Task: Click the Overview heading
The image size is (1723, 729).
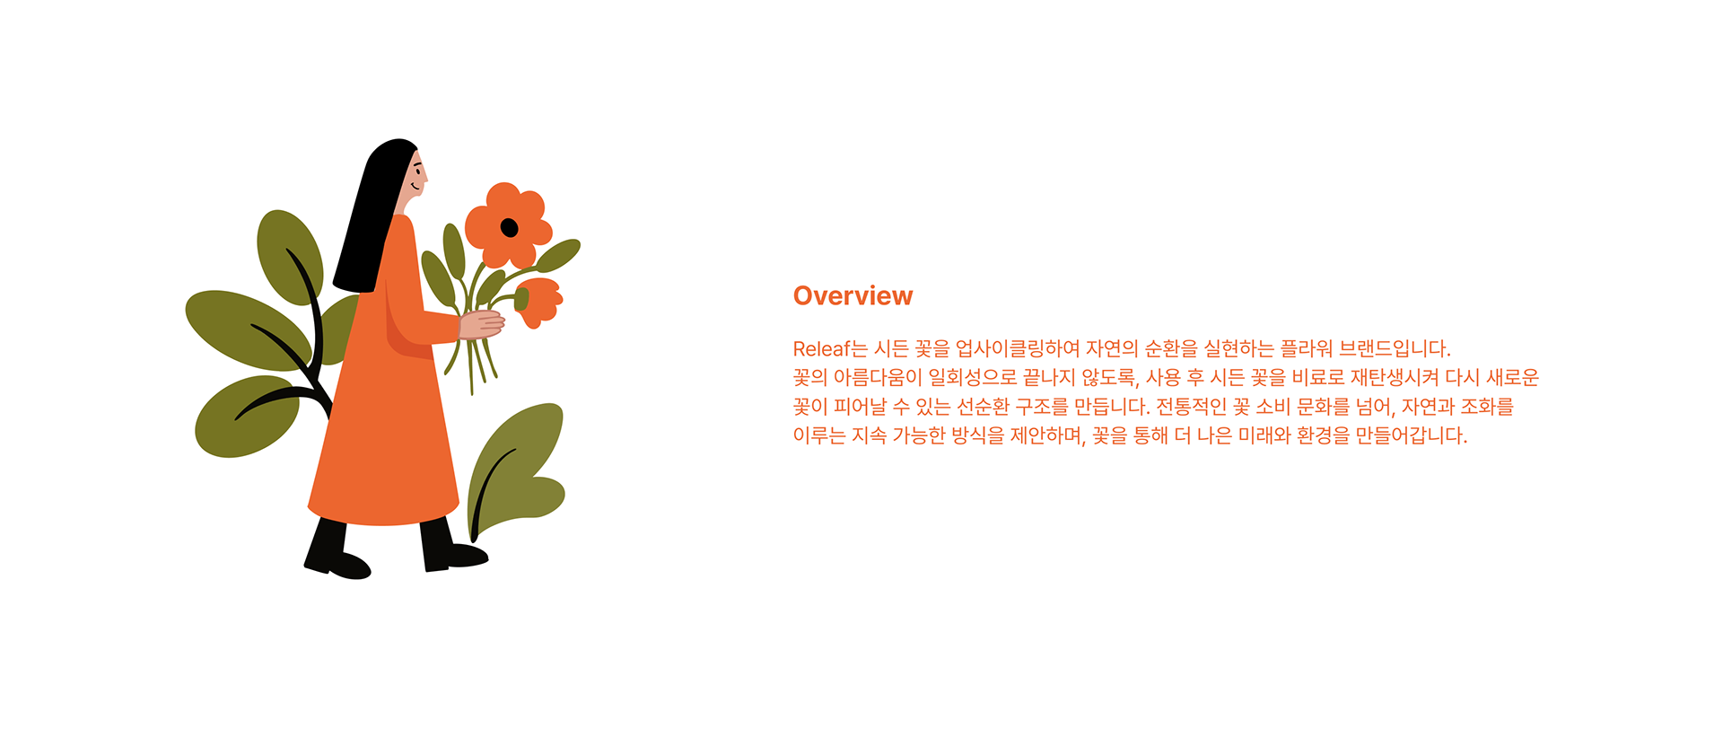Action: click(853, 296)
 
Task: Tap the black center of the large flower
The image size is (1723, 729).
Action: click(509, 228)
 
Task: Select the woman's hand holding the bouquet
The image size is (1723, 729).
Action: click(482, 324)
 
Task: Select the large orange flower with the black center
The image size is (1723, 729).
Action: click(508, 225)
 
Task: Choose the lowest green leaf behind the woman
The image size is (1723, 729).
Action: click(247, 417)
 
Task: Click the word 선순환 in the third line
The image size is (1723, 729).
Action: click(983, 407)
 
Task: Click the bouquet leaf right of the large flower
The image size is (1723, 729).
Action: click(558, 255)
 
